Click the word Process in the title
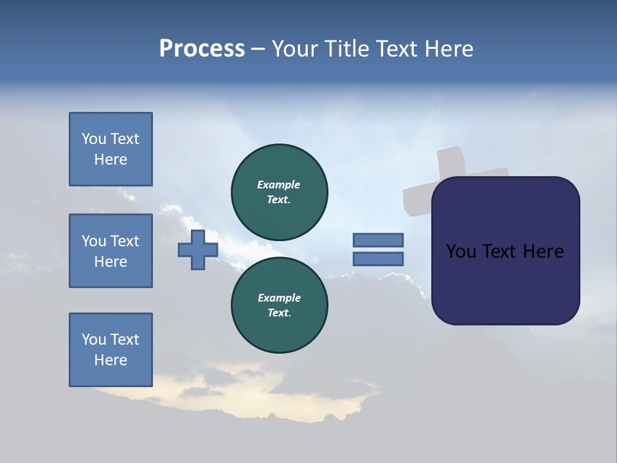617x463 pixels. click(202, 49)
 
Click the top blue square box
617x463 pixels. click(111, 149)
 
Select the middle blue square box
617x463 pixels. click(111, 251)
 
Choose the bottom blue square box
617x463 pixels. click(111, 350)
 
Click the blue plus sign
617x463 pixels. click(198, 250)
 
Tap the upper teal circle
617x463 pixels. click(280, 192)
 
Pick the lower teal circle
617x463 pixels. click(280, 305)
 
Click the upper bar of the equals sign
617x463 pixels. click(378, 240)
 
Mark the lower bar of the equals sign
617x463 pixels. click(378, 259)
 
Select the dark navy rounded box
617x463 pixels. click(505, 283)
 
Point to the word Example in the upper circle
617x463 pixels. click(279, 185)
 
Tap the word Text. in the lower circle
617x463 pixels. click(279, 313)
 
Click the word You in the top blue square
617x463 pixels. click(93, 139)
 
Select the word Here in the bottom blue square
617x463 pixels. click(111, 360)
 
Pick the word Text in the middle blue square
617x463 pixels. click(124, 241)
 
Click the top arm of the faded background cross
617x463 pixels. click(451, 161)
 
